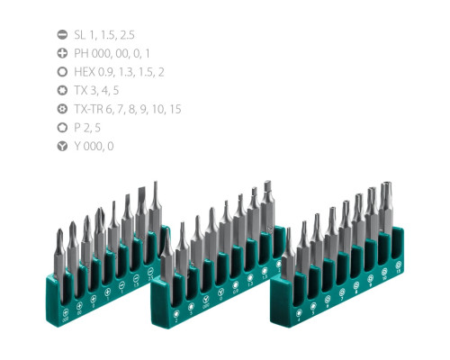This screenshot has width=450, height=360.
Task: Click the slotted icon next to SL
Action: pos(61,33)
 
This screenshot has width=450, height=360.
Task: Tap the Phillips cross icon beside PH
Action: pos(61,52)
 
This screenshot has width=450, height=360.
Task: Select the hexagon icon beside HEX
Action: pos(61,71)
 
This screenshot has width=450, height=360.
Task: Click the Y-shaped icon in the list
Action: pos(61,146)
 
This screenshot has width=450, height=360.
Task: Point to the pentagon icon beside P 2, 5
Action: pos(61,127)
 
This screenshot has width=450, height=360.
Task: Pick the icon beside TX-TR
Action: pos(61,108)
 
